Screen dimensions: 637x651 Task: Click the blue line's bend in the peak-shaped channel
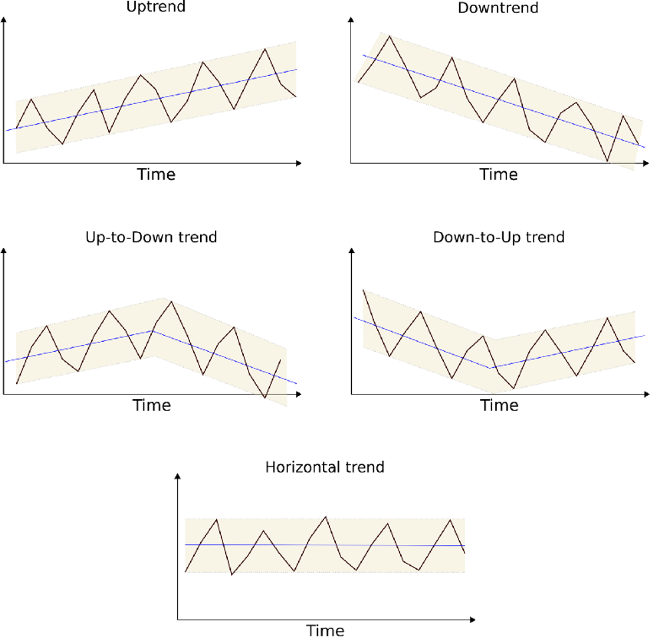[x=153, y=331]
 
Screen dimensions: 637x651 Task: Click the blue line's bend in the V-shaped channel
[x=491, y=368]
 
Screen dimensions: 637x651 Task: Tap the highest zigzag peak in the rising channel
[x=266, y=48]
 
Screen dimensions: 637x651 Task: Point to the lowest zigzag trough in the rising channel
[x=63, y=144]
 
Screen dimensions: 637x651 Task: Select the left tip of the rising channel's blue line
[x=6, y=131]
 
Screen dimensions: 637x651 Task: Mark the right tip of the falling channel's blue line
[x=645, y=147]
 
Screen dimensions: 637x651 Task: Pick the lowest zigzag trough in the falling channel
[x=608, y=162]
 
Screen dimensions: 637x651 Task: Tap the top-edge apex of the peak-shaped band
[x=163, y=297]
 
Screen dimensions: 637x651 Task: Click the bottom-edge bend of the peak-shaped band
[x=154, y=356]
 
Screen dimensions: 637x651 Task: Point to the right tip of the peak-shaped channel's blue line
[x=296, y=384]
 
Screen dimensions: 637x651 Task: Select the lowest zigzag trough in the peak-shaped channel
[x=265, y=399]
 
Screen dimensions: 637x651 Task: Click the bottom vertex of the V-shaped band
[x=494, y=393]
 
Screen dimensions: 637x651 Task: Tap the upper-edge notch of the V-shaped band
[x=494, y=338]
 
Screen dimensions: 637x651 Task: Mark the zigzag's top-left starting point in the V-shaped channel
[x=363, y=291]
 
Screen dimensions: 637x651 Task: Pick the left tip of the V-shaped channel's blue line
[x=354, y=318]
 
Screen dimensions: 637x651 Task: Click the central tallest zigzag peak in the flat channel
[x=325, y=517]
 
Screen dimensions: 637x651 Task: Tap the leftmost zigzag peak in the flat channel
[x=217, y=519]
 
